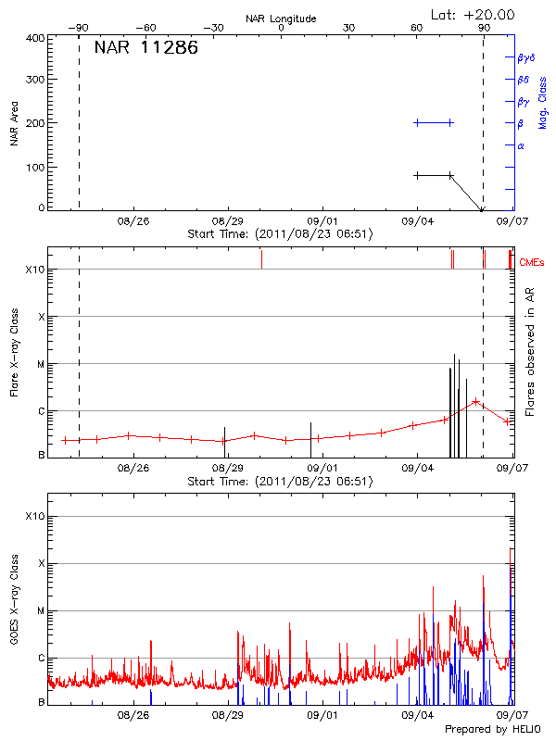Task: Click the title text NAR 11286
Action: (x=145, y=48)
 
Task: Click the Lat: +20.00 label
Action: (x=474, y=14)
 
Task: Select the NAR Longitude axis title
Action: (x=281, y=19)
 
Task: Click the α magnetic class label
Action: (x=521, y=145)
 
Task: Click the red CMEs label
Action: (x=532, y=264)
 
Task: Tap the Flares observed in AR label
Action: (x=530, y=352)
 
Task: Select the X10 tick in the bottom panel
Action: (x=33, y=516)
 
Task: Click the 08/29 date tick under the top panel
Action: (x=227, y=221)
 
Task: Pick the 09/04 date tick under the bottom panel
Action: (x=417, y=715)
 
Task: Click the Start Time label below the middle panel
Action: (x=280, y=481)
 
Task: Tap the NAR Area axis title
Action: (x=14, y=123)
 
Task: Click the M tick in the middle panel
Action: (x=40, y=364)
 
